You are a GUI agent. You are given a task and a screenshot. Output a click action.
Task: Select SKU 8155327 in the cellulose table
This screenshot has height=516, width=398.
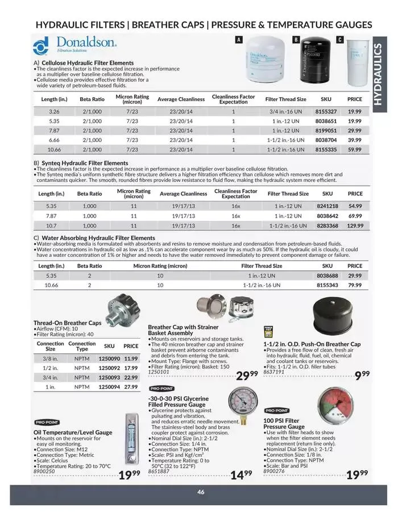coord(326,112)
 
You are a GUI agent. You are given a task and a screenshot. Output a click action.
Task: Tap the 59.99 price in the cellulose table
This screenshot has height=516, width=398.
coord(354,149)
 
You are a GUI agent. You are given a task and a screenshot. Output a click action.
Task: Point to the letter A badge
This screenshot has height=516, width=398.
coord(239,39)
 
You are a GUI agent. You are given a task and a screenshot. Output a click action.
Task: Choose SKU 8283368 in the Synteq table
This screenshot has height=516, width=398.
coord(327,225)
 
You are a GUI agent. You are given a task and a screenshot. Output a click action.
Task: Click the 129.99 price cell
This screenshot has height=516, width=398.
coord(355,225)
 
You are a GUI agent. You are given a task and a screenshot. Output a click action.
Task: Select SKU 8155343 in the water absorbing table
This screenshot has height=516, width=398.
coord(327,285)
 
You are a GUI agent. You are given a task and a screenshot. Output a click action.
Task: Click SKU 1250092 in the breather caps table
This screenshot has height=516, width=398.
coord(109,367)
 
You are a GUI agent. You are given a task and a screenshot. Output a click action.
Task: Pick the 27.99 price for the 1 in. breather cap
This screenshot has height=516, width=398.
coord(131,386)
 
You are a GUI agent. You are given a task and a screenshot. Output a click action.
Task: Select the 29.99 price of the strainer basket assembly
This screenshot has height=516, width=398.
coord(247,376)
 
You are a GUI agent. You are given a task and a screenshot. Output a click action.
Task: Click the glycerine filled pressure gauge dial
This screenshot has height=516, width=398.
coord(243,402)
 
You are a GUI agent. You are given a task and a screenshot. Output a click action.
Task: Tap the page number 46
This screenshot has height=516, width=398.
coord(201,492)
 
